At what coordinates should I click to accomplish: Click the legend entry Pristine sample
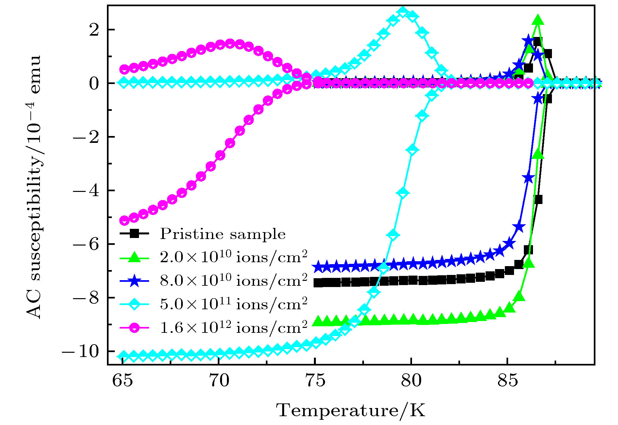pyautogui.click(x=223, y=234)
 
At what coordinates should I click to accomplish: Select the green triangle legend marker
pyautogui.click(x=134, y=258)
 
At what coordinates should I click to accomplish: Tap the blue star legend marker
pyautogui.click(x=134, y=281)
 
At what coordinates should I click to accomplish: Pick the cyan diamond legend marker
pyautogui.click(x=134, y=304)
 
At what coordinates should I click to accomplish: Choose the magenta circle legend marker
pyautogui.click(x=134, y=328)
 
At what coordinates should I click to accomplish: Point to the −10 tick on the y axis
pyautogui.click(x=80, y=352)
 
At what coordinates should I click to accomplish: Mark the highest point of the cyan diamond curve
pyautogui.click(x=403, y=12)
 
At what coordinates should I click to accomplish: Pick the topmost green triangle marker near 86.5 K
pyautogui.click(x=538, y=20)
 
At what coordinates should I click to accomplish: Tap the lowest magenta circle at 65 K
pyautogui.click(x=124, y=221)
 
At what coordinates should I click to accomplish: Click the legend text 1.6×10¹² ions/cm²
pyautogui.click(x=233, y=328)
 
